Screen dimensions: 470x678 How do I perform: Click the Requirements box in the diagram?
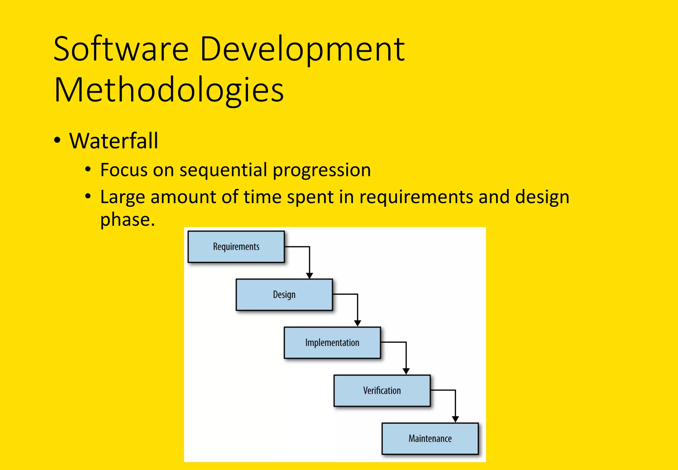tap(236, 247)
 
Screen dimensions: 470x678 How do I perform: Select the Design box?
tap(284, 295)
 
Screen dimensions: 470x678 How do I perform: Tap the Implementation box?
tap(332, 343)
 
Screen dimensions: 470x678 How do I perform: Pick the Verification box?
tap(382, 390)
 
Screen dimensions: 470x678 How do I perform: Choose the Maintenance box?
tap(430, 439)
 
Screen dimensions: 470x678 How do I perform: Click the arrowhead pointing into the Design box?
tap(310, 275)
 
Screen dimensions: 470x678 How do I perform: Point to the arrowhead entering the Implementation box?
tap(358, 323)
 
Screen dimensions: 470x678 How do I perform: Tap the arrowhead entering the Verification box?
tap(406, 371)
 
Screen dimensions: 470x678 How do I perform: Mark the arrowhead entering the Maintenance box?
tap(455, 419)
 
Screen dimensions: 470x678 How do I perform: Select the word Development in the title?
tap(302, 50)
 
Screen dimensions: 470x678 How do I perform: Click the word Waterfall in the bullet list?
tap(114, 141)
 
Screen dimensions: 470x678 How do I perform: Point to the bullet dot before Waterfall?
tap(57, 140)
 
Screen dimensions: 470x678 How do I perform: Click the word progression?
tap(321, 170)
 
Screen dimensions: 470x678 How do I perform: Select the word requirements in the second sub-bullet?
tap(416, 197)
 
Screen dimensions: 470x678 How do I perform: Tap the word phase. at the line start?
tap(127, 220)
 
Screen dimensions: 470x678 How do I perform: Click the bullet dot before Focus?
tap(88, 169)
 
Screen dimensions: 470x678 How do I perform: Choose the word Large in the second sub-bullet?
tap(122, 197)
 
